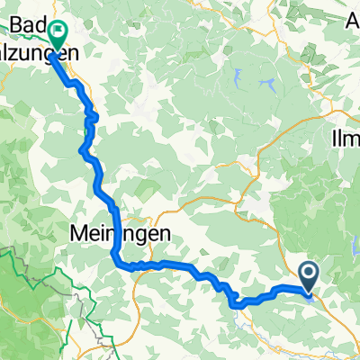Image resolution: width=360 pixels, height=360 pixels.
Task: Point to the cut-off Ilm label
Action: pyautogui.click(x=346, y=140)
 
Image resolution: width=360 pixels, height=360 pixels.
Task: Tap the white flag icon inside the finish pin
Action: pyautogui.click(x=57, y=32)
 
